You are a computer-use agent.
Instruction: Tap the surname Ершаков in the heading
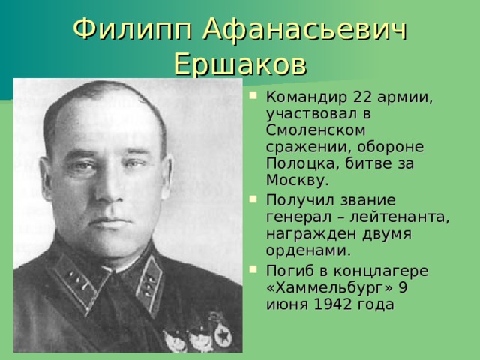pyautogui.click(x=240, y=64)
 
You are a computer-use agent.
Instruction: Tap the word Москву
pyautogui.click(x=297, y=181)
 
